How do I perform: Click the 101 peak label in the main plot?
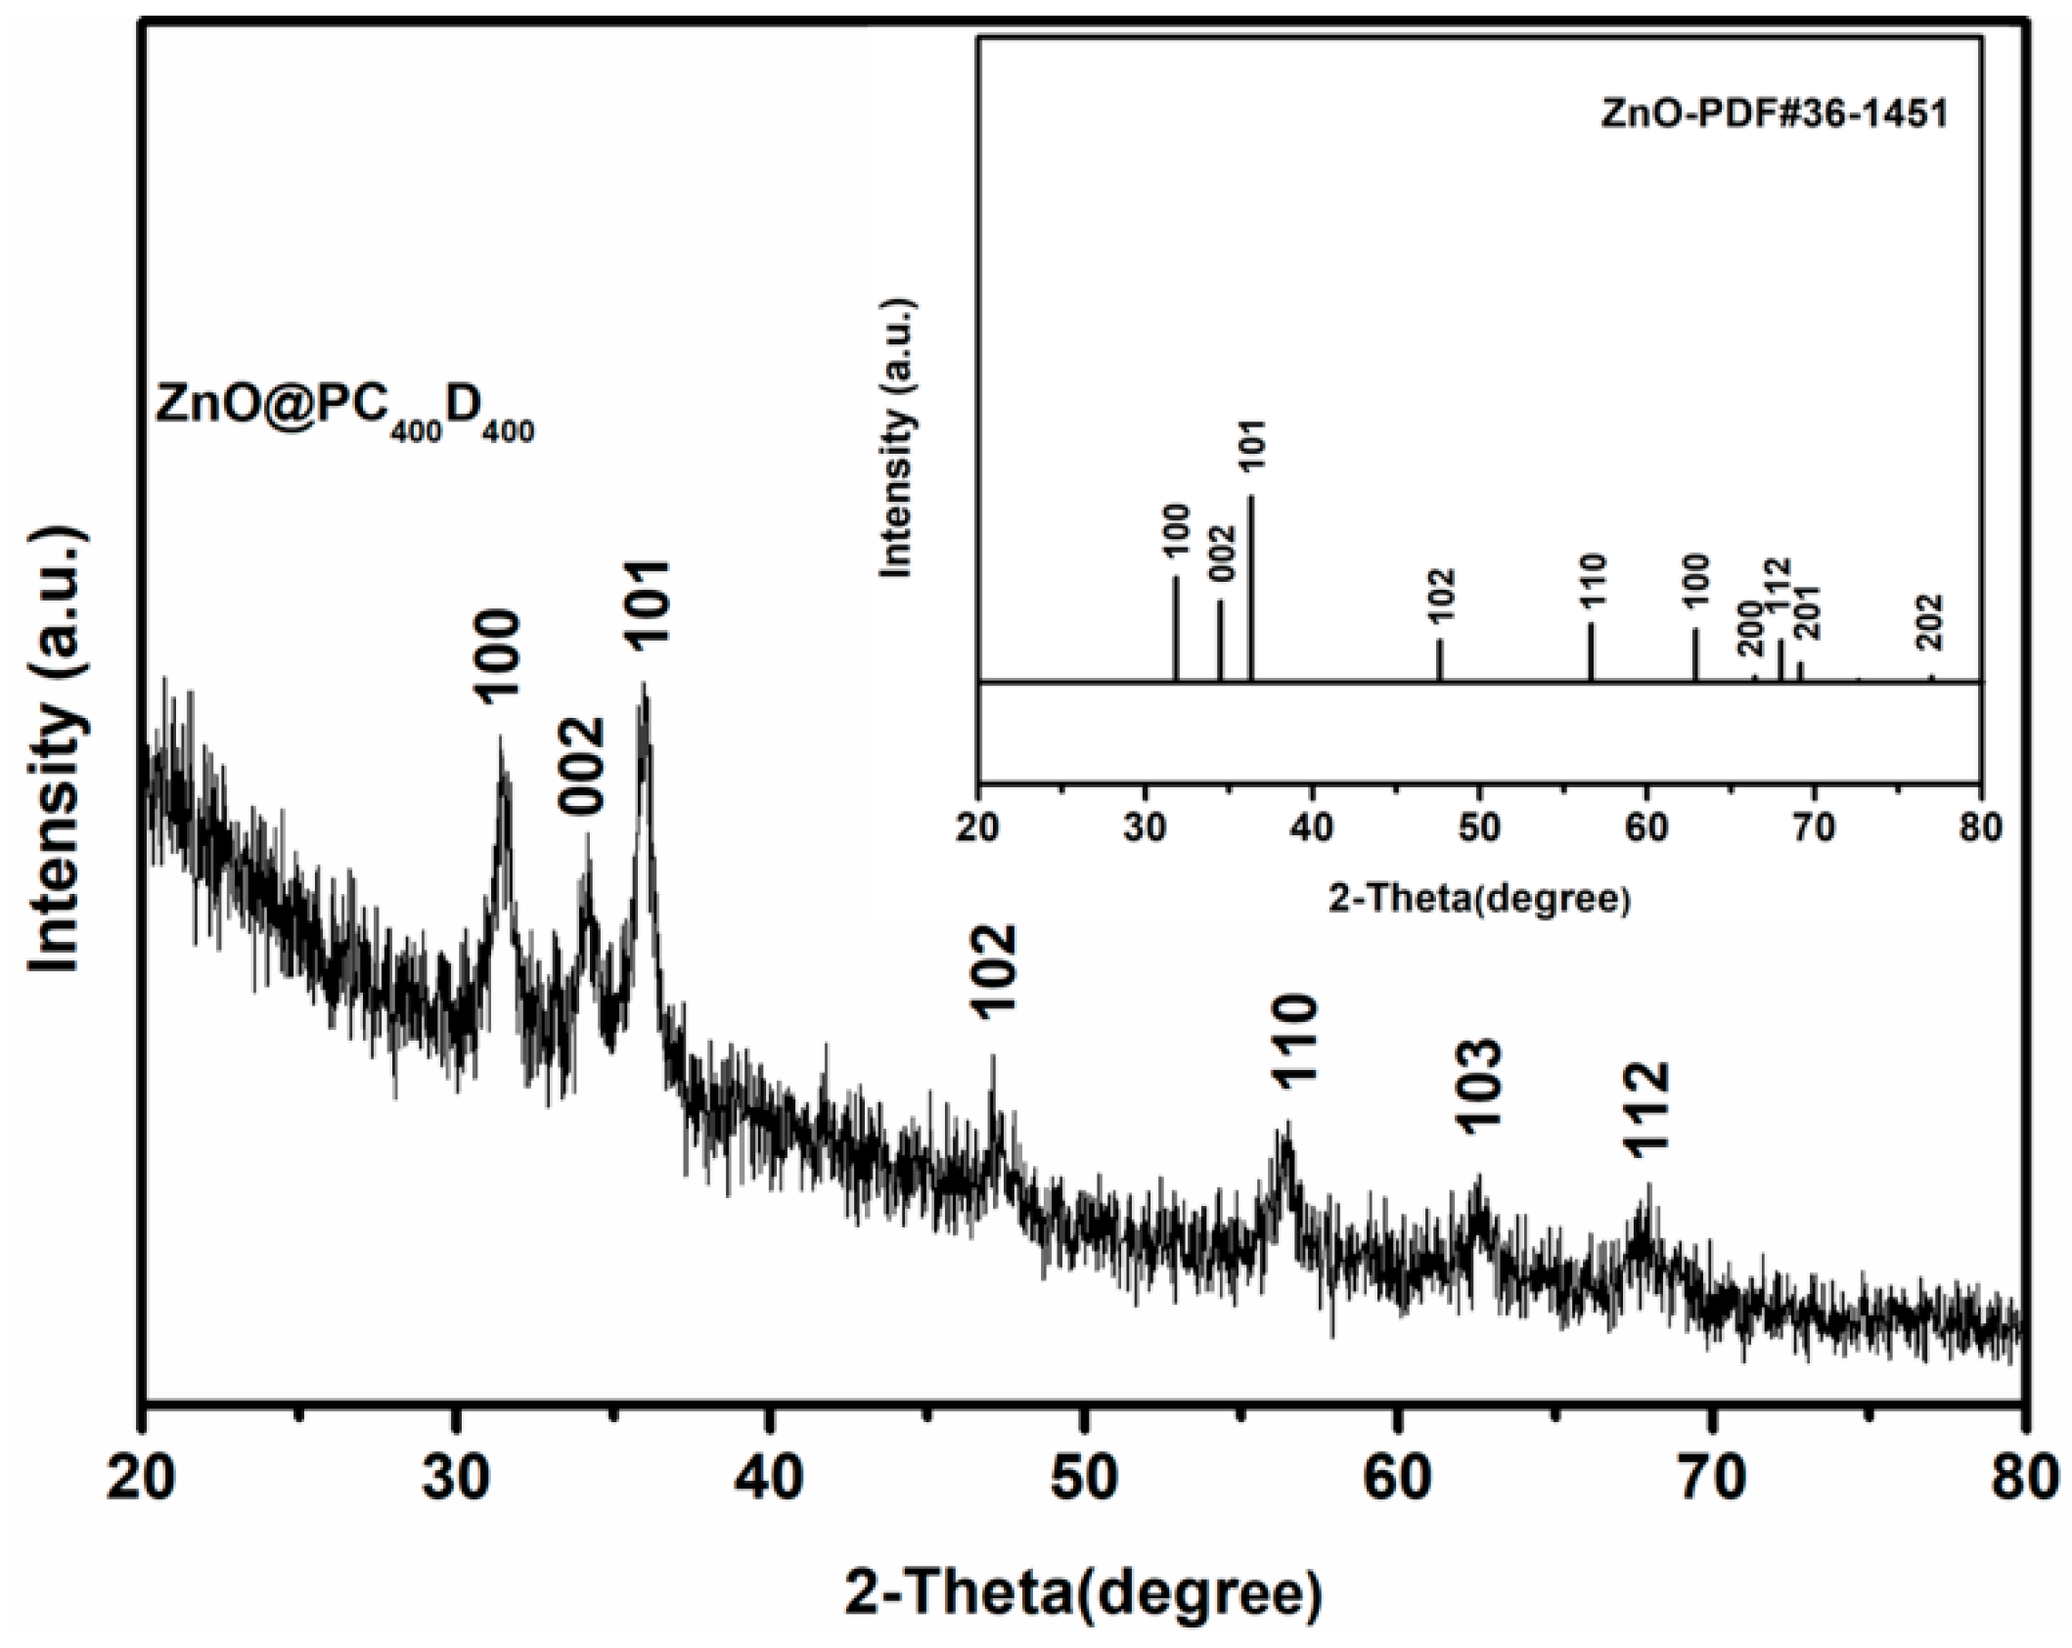click(649, 601)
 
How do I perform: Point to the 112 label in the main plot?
click(1646, 1109)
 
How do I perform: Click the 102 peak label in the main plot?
click(997, 972)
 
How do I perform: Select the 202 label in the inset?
click(1930, 622)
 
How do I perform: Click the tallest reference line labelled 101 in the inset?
click(1251, 587)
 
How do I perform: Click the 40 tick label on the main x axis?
click(770, 1480)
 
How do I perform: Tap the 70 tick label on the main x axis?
click(1712, 1480)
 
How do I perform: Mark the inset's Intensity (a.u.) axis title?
click(896, 437)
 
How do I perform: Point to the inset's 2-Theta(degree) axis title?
click(1479, 898)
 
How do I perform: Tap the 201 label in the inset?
click(1806, 612)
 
